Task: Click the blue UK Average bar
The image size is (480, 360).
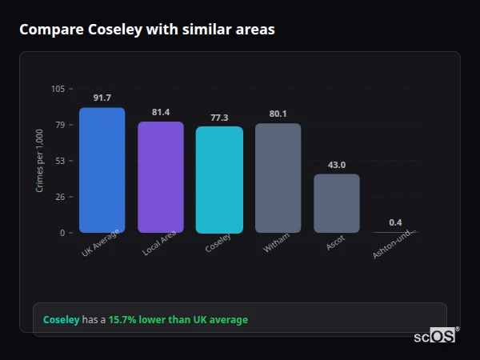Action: [x=102, y=170]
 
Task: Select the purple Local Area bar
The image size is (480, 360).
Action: [x=161, y=178]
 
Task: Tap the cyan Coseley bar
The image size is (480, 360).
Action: [x=219, y=180]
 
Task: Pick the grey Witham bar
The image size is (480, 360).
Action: [x=278, y=178]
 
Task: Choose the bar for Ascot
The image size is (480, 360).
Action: [x=337, y=203]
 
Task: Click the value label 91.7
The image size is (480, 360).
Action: [x=102, y=98]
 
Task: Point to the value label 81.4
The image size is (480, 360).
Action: [x=161, y=112]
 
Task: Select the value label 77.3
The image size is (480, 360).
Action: [x=219, y=118]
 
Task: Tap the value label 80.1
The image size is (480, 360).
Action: [x=278, y=114]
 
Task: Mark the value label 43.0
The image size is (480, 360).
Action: [x=337, y=165]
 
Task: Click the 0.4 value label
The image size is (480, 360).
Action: [x=395, y=222]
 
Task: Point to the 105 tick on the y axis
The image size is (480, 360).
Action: [x=58, y=89]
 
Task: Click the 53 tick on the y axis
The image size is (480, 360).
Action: [x=60, y=161]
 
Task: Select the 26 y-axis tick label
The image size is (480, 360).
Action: [x=60, y=197]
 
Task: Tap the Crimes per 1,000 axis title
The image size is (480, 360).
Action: [x=40, y=161]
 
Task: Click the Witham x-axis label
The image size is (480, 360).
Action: [x=277, y=243]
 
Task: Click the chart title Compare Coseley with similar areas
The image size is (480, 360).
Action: [x=146, y=30]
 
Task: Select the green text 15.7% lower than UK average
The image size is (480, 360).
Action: [x=178, y=320]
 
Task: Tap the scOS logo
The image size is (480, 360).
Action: [x=434, y=336]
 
